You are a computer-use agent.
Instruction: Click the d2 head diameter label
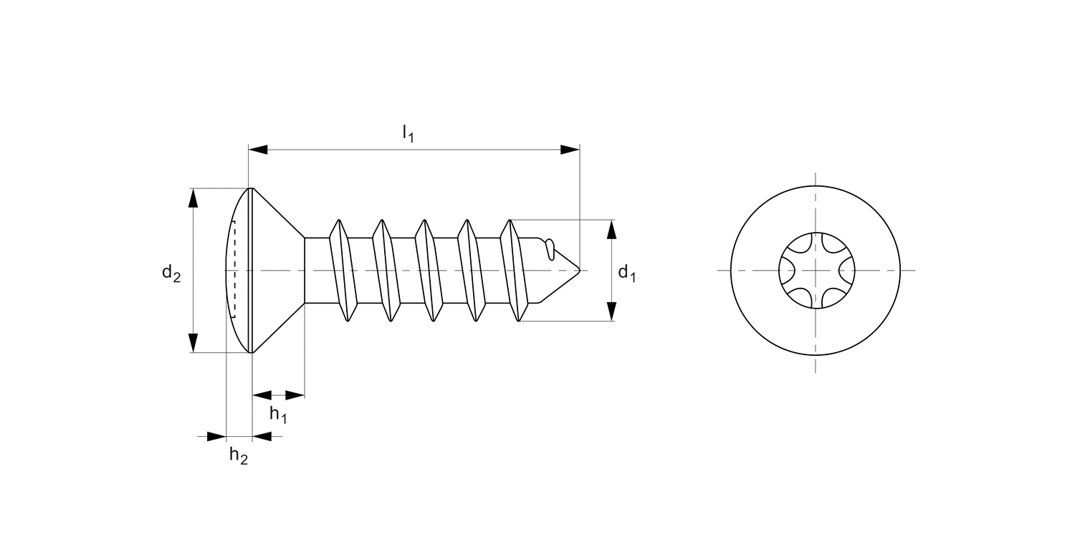coord(171,272)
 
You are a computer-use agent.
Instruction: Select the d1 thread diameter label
coord(627,272)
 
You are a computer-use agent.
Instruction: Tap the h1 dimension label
coord(278,414)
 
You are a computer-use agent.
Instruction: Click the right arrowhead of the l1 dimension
coord(570,150)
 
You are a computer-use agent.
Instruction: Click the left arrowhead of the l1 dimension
coord(258,150)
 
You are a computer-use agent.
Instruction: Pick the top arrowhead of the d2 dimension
coord(193,198)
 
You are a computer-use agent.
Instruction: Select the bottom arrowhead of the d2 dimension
coord(193,342)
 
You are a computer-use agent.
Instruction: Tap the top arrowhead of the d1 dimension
coord(611,229)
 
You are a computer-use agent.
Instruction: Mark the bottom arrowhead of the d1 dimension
coord(611,311)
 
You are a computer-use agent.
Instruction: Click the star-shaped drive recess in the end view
coord(816,271)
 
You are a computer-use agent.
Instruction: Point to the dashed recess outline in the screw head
coord(232,270)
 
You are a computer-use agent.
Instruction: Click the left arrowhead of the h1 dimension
coord(262,395)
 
